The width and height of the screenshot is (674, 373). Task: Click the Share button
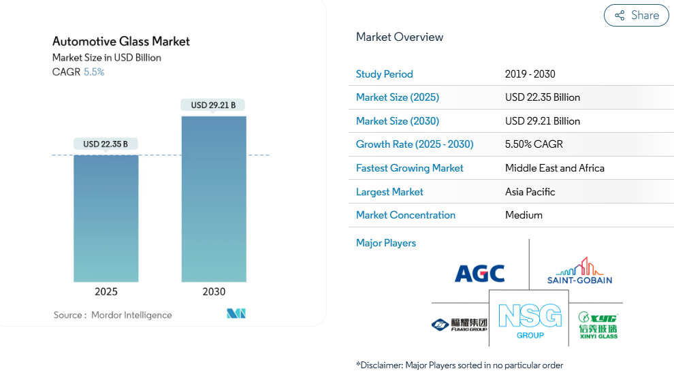[x=637, y=16]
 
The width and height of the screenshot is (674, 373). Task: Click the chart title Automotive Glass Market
[x=121, y=42]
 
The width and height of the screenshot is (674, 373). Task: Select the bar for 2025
[x=106, y=218]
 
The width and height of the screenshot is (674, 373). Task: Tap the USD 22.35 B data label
[x=106, y=144]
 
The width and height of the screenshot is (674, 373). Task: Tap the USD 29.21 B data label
[x=213, y=105]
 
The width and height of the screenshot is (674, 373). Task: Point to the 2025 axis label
[x=106, y=292]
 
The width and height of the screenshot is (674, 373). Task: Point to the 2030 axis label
[x=214, y=292]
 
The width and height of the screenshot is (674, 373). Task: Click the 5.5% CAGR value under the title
[x=94, y=72]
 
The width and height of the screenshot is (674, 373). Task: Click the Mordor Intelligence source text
[x=131, y=315]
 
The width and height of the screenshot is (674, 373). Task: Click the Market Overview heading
[x=400, y=37]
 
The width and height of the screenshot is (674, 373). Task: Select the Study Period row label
[x=385, y=74]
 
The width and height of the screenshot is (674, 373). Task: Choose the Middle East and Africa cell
[x=555, y=168]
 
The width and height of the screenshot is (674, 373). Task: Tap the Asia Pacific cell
[x=530, y=192]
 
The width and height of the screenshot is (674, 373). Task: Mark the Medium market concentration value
[x=524, y=215]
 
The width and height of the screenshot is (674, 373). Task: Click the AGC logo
[x=480, y=274]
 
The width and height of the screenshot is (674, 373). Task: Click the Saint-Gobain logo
[x=579, y=271]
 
